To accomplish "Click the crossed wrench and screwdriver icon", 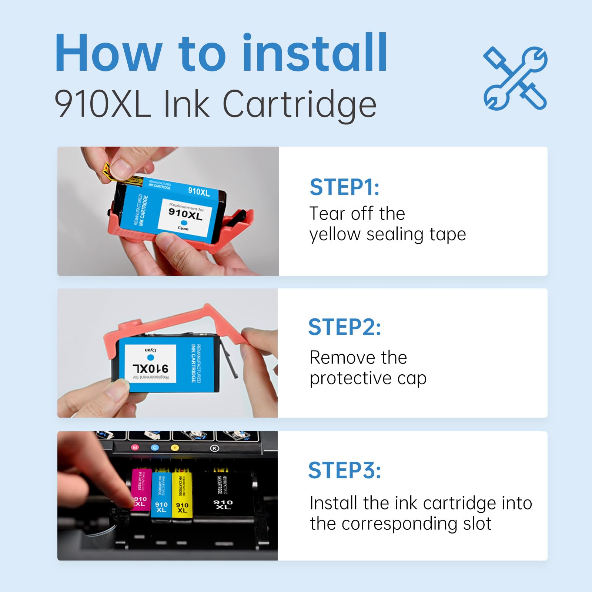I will [x=515, y=78].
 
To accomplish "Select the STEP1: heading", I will [x=344, y=187].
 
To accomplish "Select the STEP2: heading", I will [x=344, y=327].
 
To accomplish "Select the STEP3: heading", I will [x=344, y=471].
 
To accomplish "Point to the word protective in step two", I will [x=350, y=378].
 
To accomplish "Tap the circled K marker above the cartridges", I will [x=214, y=448].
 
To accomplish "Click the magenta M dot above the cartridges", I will [x=135, y=448].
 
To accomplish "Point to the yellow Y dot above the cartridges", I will [x=175, y=448].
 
